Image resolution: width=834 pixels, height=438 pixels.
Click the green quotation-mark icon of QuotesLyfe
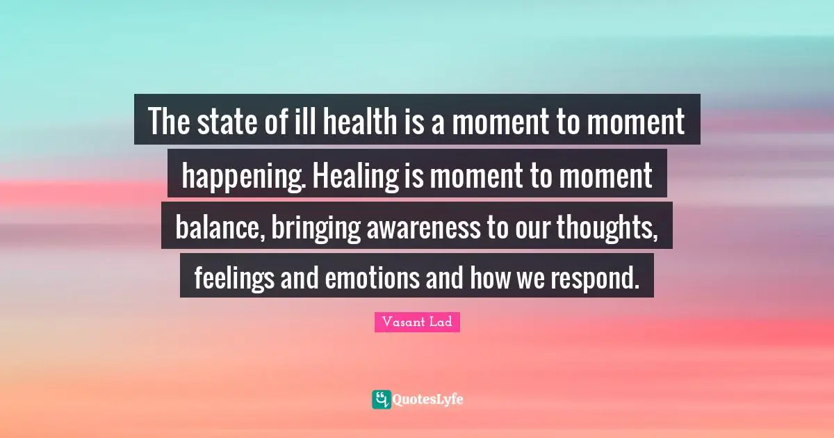[x=381, y=399]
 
